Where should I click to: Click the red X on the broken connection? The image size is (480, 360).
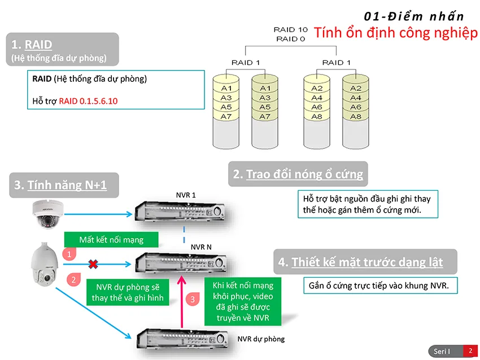pos(91,263)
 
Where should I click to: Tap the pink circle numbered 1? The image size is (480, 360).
pos(68,254)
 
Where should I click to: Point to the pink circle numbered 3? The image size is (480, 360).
pos(192,300)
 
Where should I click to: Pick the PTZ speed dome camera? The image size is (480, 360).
pos(44,265)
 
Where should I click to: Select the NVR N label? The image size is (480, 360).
pos(202,247)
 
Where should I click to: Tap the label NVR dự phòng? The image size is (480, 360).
pos(261,339)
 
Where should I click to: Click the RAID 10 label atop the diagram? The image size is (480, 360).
pos(290,29)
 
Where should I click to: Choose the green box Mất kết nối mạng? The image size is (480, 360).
pos(111,240)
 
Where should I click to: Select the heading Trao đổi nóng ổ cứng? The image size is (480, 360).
pos(304,174)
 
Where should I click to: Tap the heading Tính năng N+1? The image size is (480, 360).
pos(67,185)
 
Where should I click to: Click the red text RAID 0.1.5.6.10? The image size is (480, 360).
pos(88,101)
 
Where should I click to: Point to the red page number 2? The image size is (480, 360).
pos(470,351)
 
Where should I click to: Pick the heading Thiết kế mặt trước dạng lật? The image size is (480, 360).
pos(367,262)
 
